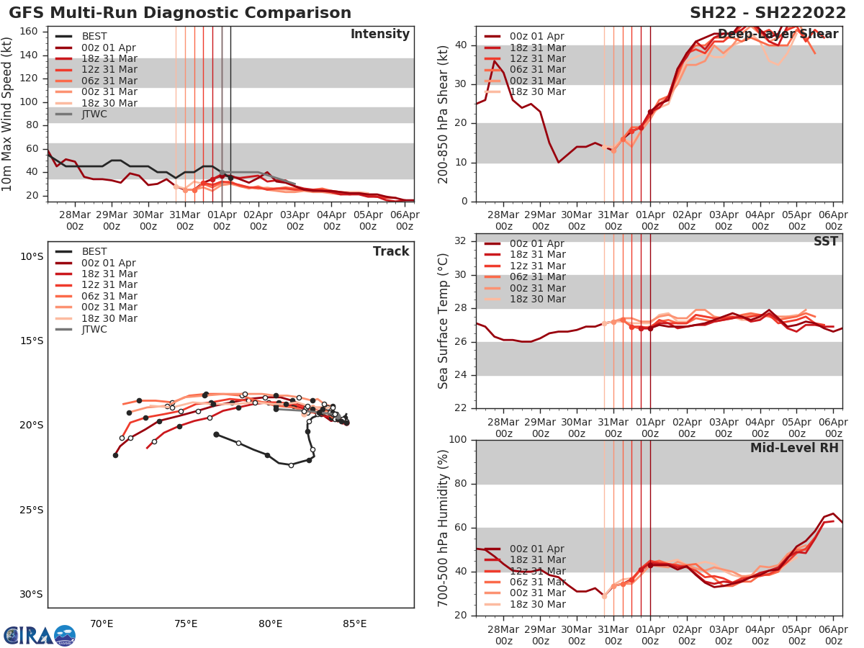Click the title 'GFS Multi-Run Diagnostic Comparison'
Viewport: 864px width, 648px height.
180,13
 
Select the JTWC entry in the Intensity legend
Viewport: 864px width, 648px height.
94,114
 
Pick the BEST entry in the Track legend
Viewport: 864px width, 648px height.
94,251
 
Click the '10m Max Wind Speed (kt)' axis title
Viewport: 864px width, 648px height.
8,112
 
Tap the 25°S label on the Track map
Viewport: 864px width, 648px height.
31,510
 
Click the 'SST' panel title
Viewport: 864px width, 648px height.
826,242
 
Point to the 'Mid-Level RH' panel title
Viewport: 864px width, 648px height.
794,448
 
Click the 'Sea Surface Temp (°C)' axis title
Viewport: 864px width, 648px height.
444,321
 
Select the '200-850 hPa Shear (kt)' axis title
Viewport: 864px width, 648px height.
444,114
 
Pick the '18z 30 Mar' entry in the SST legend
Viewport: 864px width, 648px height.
537,299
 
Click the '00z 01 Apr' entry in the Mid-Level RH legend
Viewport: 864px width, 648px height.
537,549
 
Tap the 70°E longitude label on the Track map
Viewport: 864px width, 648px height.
102,624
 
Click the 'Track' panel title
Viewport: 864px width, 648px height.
390,251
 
